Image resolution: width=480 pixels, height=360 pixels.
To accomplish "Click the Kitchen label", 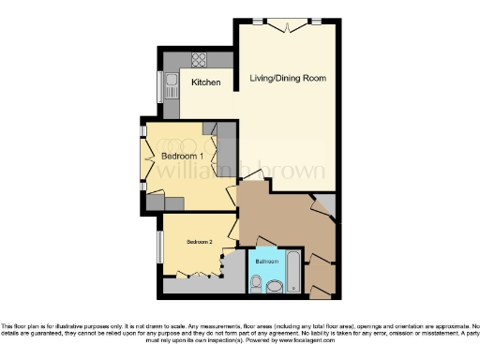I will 206,82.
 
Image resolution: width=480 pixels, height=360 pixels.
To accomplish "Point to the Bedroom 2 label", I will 199,242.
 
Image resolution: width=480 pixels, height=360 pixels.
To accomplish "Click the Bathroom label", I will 267,261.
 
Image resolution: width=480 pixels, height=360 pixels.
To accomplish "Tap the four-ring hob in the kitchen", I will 199,59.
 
